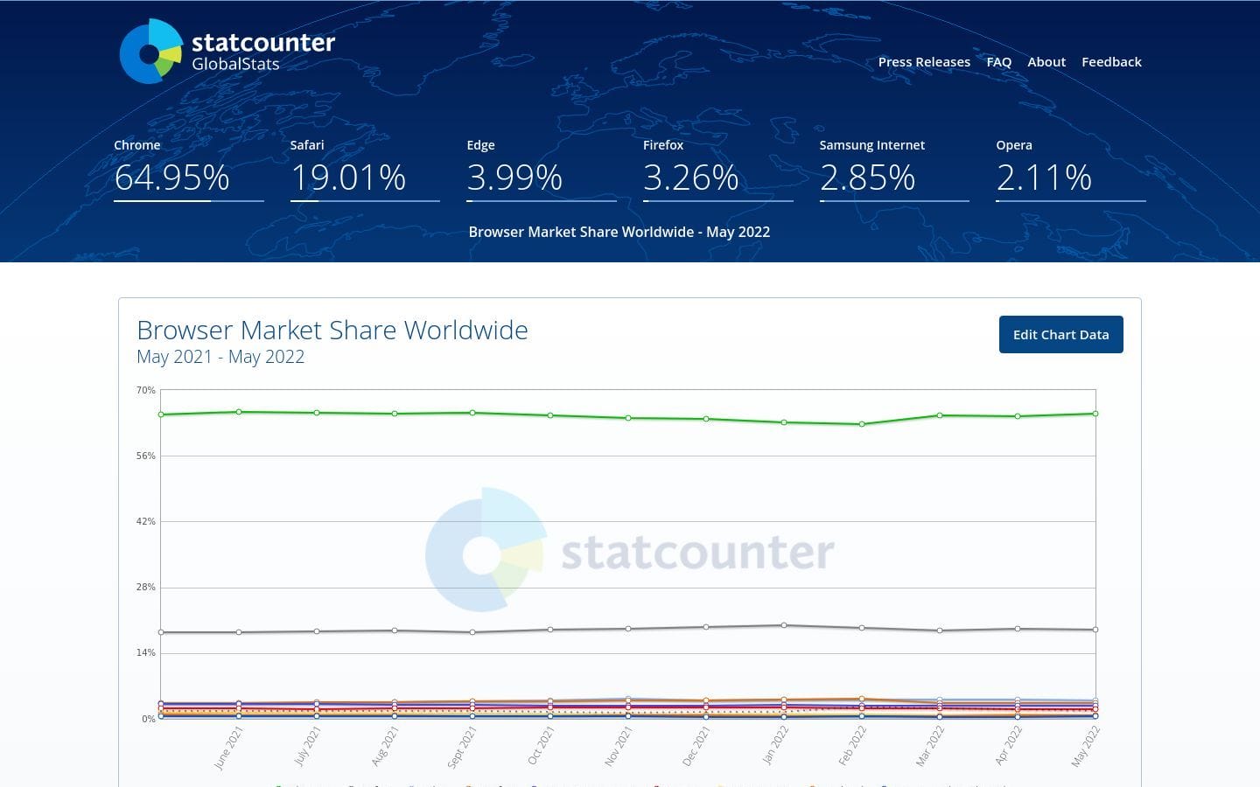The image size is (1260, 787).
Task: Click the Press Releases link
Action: (924, 62)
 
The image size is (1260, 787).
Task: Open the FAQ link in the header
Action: (998, 62)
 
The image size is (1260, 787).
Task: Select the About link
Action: (1046, 62)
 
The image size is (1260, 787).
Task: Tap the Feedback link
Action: (1111, 62)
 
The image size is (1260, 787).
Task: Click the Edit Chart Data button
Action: (1060, 335)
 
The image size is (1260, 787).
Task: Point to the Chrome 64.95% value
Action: (172, 178)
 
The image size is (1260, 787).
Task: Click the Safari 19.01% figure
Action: (348, 178)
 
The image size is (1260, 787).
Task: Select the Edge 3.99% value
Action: (514, 178)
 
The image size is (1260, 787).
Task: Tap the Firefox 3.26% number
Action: (691, 178)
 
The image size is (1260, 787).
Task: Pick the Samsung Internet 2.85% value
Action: (867, 178)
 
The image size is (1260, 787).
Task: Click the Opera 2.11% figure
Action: (1044, 178)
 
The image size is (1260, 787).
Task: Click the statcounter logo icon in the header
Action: (150, 52)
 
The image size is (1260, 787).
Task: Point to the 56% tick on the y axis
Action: (146, 456)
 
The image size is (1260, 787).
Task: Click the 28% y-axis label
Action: (146, 587)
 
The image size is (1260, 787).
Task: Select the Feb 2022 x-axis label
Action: (852, 745)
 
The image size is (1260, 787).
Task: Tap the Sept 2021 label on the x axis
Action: (462, 747)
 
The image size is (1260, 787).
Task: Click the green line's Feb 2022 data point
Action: (862, 424)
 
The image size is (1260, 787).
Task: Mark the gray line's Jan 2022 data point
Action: (784, 625)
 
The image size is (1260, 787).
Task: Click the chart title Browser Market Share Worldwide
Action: (332, 331)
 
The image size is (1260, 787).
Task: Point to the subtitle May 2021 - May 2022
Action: (220, 357)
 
